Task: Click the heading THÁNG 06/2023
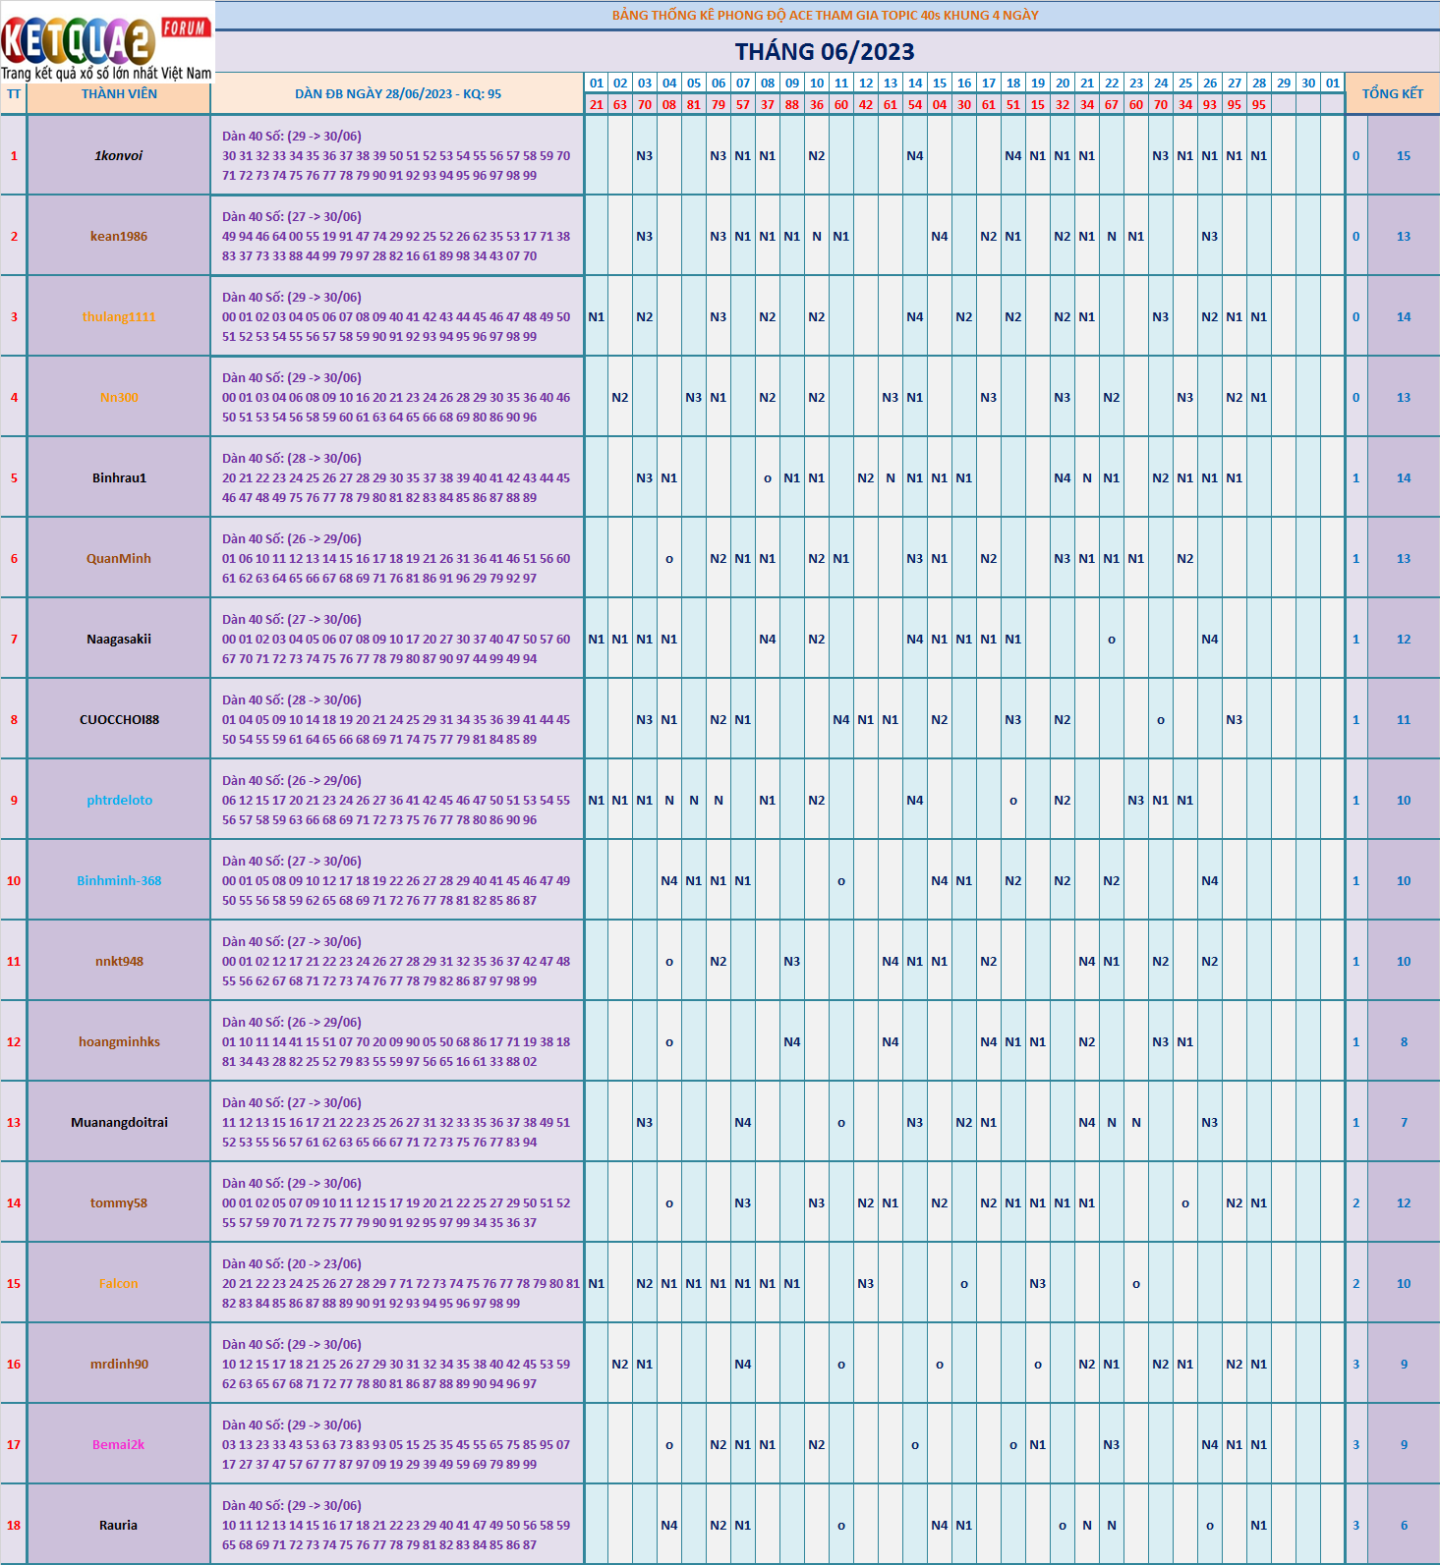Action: pyautogui.click(x=825, y=52)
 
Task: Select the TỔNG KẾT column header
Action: pyautogui.click(x=1392, y=93)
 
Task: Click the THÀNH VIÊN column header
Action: pyautogui.click(x=119, y=94)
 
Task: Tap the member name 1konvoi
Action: pyautogui.click(x=119, y=156)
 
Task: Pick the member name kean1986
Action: pyautogui.click(x=119, y=237)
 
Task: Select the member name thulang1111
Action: pyautogui.click(x=119, y=317)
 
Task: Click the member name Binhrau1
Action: pyautogui.click(x=119, y=478)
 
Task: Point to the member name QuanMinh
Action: pyautogui.click(x=119, y=559)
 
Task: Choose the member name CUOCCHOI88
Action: pyautogui.click(x=119, y=720)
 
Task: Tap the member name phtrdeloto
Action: pyautogui.click(x=119, y=801)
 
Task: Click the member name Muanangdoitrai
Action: pyautogui.click(x=119, y=1123)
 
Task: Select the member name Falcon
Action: pyautogui.click(x=119, y=1284)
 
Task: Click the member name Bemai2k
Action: pyautogui.click(x=119, y=1445)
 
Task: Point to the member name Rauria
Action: pyautogui.click(x=119, y=1526)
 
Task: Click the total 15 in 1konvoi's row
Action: pyautogui.click(x=1404, y=156)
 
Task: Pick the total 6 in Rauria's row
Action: pyautogui.click(x=1404, y=1526)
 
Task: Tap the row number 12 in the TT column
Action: pyautogui.click(x=14, y=1042)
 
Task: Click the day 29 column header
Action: pyautogui.click(x=1284, y=84)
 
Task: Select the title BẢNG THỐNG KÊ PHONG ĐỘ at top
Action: pyautogui.click(x=825, y=16)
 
